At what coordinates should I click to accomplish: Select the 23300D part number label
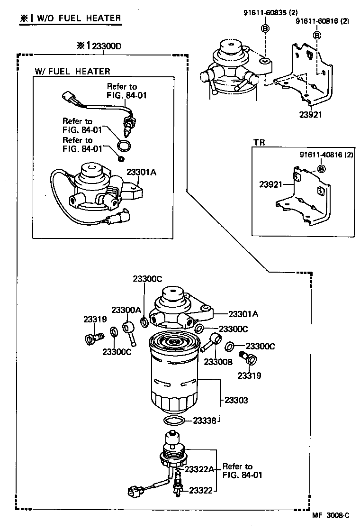(x=99, y=46)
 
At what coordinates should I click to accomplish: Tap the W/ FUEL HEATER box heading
(x=72, y=71)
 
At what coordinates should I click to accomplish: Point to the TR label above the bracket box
(x=259, y=142)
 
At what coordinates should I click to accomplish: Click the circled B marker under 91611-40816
(x=321, y=169)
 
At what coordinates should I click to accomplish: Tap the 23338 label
(x=205, y=420)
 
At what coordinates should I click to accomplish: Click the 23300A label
(x=126, y=310)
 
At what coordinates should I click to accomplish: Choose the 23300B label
(x=218, y=362)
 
